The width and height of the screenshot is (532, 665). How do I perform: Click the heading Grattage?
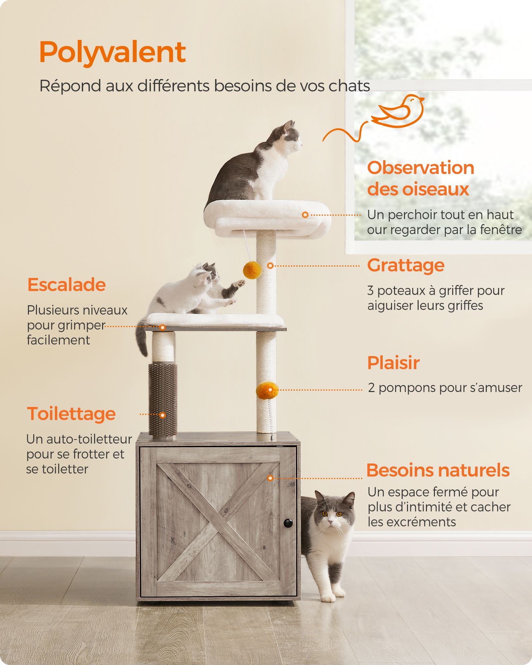(x=406, y=265)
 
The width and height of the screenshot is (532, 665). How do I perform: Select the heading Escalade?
(x=66, y=285)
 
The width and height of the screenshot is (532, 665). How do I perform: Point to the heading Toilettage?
(x=71, y=414)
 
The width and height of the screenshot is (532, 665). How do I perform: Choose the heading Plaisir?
(x=393, y=363)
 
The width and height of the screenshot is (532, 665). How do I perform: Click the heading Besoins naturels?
(x=438, y=470)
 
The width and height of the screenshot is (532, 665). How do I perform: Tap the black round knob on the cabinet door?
(x=288, y=523)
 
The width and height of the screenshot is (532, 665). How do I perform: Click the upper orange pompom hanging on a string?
(x=252, y=270)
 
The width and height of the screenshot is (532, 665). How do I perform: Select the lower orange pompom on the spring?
(x=267, y=391)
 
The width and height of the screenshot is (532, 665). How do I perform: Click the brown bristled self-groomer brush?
(x=163, y=399)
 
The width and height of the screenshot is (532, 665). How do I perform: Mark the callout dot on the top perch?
(x=305, y=215)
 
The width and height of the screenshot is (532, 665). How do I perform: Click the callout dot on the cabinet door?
(x=270, y=478)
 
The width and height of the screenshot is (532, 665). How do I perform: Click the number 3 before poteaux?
(x=370, y=291)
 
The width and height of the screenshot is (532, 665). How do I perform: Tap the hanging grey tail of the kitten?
(x=142, y=339)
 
